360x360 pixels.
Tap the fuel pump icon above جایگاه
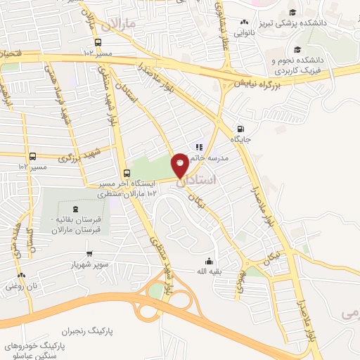241,129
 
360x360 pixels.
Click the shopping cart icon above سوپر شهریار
89,254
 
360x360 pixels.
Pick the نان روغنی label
20,286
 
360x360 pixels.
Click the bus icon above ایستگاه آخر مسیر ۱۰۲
127,173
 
